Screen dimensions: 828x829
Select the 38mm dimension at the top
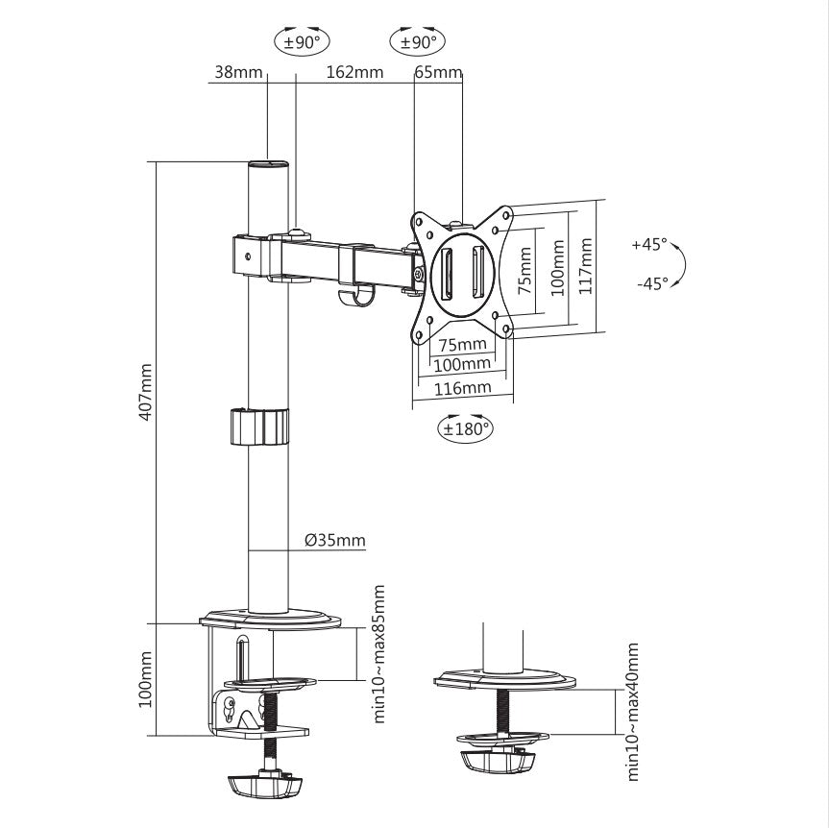point(236,72)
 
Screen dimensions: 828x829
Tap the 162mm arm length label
point(354,72)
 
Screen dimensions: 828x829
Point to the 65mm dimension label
point(438,72)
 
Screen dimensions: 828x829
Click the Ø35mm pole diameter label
point(335,540)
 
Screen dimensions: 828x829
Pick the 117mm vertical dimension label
point(586,265)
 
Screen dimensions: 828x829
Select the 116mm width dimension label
point(463,388)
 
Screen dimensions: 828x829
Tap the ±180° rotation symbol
point(465,428)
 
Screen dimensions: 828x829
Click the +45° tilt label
point(649,244)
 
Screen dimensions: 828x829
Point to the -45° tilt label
point(651,283)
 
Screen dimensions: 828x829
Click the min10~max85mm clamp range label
point(379,653)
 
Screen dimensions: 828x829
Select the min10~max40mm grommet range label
point(633,712)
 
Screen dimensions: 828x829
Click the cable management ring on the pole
point(259,426)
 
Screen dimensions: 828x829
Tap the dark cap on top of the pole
point(269,164)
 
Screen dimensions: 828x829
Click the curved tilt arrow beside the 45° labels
point(680,264)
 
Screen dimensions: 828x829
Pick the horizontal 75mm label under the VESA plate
point(462,344)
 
